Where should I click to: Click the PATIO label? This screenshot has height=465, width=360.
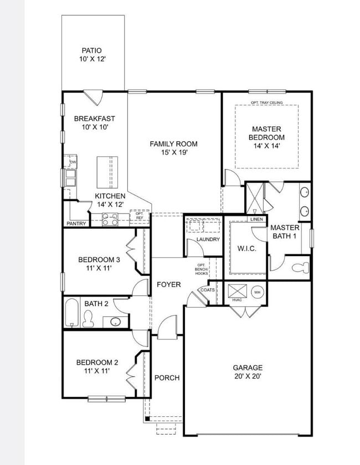tap(91, 50)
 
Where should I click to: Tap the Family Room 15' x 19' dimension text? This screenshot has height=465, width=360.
tap(173, 153)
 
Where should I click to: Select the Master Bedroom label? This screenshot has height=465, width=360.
tap(266, 134)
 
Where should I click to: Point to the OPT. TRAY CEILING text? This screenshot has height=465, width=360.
tap(266, 103)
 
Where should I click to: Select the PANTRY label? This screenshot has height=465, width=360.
tap(76, 224)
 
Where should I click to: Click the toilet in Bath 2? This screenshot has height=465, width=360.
tap(88, 318)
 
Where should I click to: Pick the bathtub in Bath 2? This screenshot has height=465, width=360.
tap(71, 313)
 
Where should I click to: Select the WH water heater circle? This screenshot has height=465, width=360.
tap(257, 292)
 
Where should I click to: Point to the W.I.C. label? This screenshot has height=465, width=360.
tap(246, 249)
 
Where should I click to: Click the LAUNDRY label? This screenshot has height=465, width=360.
tap(208, 239)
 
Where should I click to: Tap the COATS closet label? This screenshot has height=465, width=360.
tap(208, 290)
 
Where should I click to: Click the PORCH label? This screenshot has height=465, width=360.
tap(167, 378)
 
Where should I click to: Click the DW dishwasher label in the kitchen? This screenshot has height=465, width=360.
tap(72, 162)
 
